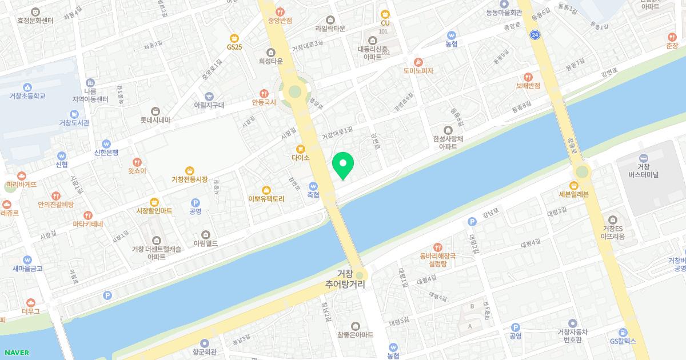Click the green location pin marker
pyautogui.click(x=343, y=165)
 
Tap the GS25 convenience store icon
pyautogui.click(x=234, y=37)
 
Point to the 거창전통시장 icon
pyautogui.click(x=190, y=170)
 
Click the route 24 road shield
pyautogui.click(x=535, y=35)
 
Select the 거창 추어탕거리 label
pyautogui.click(x=345, y=278)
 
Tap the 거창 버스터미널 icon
pyautogui.click(x=644, y=158)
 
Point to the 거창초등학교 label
pyautogui.click(x=28, y=96)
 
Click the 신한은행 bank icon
pyautogui.click(x=106, y=144)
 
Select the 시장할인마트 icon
pyautogui.click(x=154, y=202)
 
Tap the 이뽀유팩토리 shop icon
pyautogui.click(x=266, y=190)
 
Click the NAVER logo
pyautogui.click(x=15, y=353)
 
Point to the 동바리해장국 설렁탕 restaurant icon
pyautogui.click(x=437, y=247)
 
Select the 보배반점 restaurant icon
pyautogui.click(x=528, y=77)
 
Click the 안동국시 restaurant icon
pyautogui.click(x=264, y=93)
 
